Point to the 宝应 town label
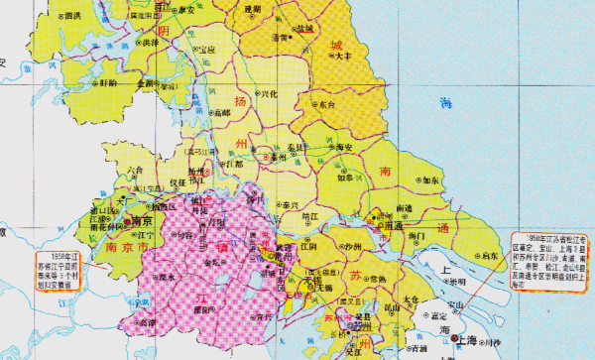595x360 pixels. pyautogui.click(x=206, y=49)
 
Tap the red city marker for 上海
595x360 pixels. pyautogui.click(x=455, y=339)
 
